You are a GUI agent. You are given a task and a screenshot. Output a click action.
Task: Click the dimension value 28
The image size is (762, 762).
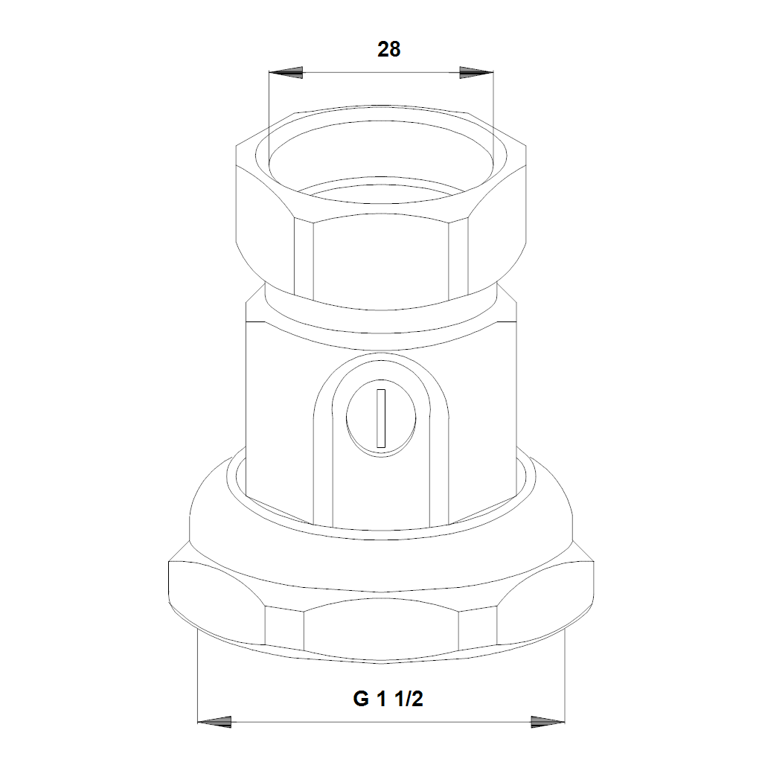pyautogui.click(x=388, y=50)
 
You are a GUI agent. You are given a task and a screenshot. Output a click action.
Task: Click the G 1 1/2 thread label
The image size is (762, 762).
pyautogui.click(x=388, y=699)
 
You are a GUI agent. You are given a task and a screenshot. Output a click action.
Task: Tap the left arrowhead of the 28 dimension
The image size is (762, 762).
pyautogui.click(x=286, y=73)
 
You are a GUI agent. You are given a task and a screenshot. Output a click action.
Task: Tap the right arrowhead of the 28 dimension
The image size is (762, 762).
pyautogui.click(x=476, y=73)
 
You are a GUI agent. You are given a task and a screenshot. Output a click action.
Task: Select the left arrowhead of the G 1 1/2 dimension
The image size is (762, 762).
pyautogui.click(x=214, y=722)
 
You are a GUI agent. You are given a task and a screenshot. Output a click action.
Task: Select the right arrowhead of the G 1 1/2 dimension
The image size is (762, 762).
pyautogui.click(x=548, y=722)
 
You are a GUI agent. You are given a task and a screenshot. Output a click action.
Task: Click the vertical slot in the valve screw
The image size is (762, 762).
pyautogui.click(x=382, y=418)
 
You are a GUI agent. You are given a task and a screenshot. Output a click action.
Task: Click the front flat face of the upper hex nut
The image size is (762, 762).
pyautogui.click(x=381, y=257)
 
